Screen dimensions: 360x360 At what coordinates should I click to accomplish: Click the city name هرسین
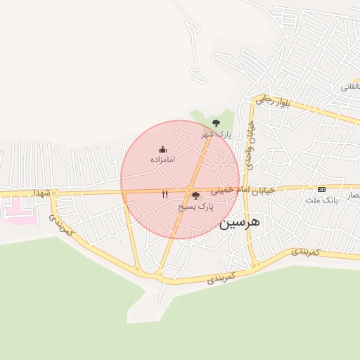tap(240, 222)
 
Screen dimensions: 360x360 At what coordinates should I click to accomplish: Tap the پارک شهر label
tap(216, 134)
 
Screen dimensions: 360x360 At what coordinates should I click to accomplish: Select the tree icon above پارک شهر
tap(216, 123)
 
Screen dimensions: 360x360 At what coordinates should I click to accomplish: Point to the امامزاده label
tap(162, 160)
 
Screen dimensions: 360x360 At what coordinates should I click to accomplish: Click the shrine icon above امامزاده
tap(162, 149)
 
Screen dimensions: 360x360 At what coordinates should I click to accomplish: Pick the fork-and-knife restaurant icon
tap(165, 194)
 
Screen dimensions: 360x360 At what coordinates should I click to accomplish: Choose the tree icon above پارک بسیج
tap(195, 195)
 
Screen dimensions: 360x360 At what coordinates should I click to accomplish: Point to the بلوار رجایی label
tap(271, 100)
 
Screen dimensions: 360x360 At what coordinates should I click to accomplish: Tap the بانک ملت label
tap(322, 200)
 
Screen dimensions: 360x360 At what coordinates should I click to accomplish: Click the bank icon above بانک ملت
tap(322, 189)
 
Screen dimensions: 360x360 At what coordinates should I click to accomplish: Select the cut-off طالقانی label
tap(350, 86)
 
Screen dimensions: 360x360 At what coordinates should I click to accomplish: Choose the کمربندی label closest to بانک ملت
tap(306, 251)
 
